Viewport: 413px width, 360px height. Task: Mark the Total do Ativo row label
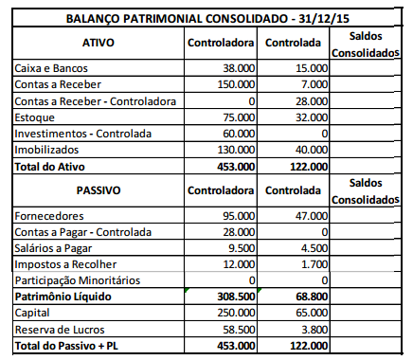click(53, 166)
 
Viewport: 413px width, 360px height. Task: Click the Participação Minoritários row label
click(77, 280)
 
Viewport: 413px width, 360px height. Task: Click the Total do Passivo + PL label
click(67, 346)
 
